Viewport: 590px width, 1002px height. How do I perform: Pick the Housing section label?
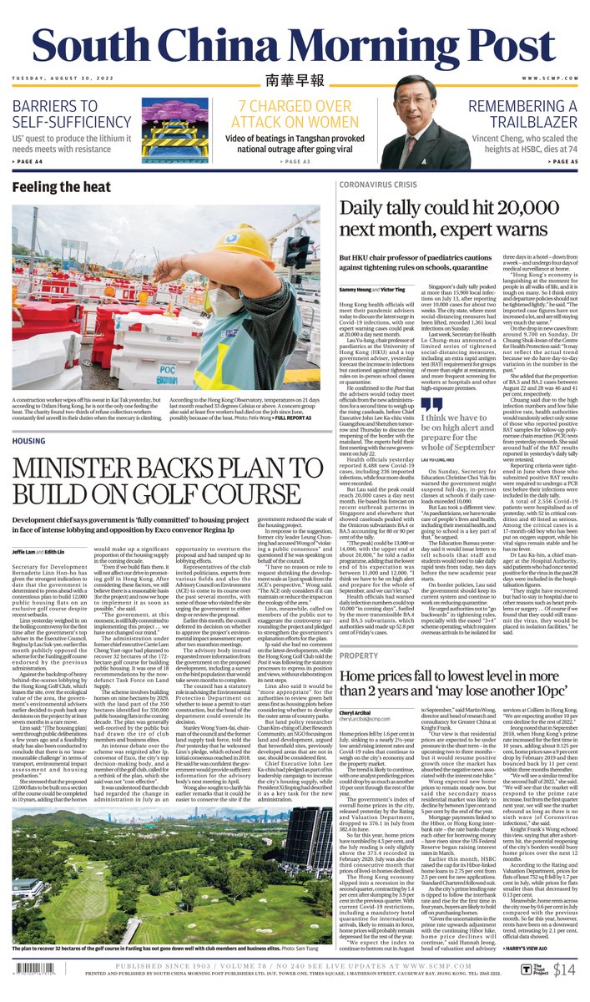(29, 440)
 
